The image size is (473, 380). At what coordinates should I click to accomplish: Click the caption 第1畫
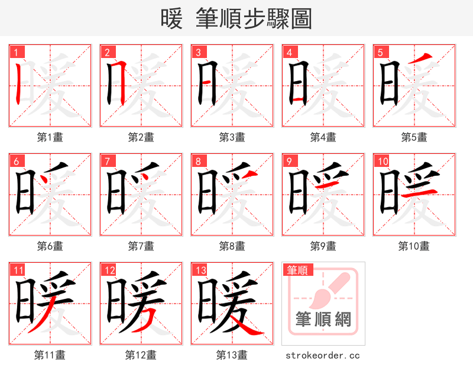50,137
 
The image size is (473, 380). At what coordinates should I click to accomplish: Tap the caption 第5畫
414,137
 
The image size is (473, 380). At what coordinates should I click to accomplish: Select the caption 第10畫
414,246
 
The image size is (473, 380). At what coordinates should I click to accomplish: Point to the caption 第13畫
232,355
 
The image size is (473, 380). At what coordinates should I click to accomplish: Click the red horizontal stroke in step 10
420,191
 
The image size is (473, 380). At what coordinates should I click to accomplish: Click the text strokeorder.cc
323,355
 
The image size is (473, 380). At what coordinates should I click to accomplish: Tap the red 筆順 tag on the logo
297,270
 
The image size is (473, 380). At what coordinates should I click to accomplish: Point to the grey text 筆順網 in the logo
323,320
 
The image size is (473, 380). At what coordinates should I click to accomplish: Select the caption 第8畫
232,246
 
